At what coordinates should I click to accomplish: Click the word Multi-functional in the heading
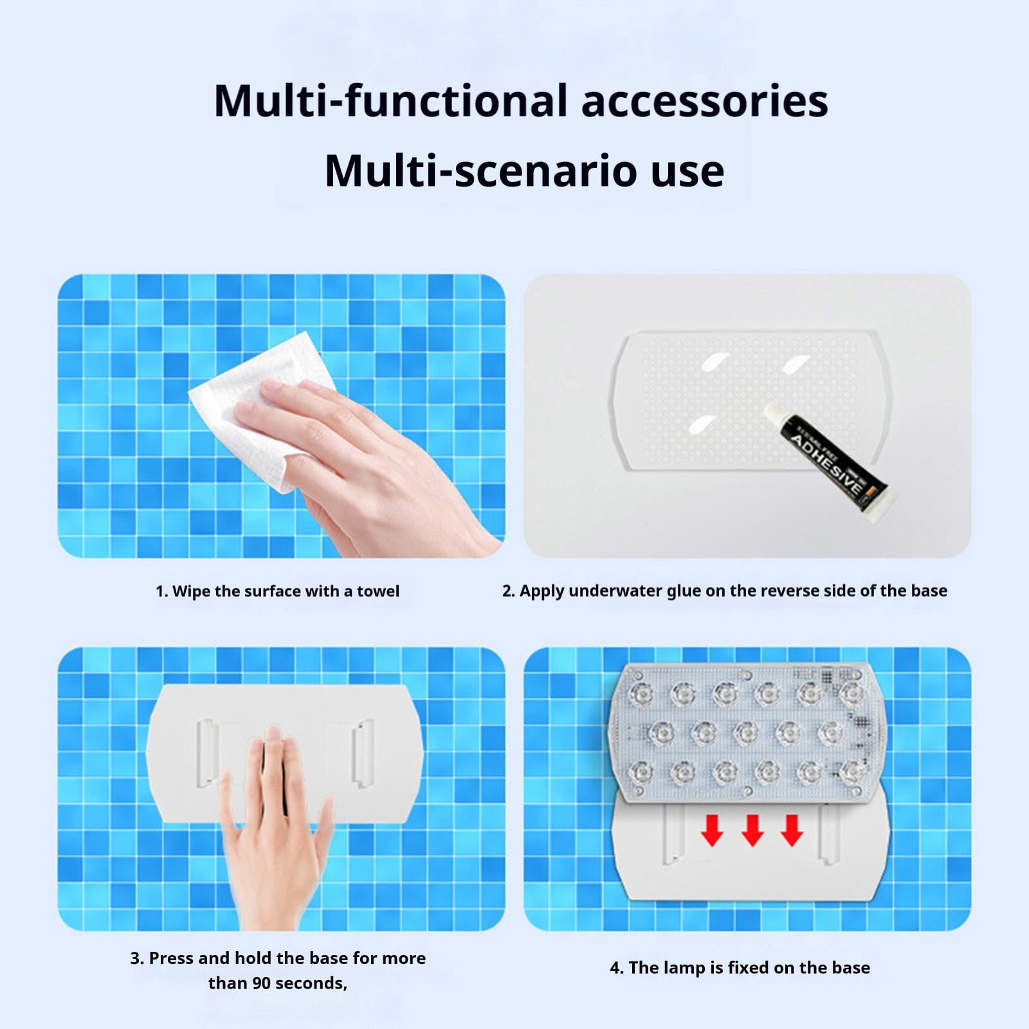[x=391, y=100]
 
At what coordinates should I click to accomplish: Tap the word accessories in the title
[x=705, y=102]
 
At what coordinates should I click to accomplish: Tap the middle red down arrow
[x=752, y=830]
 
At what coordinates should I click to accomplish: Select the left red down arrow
[x=712, y=830]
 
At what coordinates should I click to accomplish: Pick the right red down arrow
[x=792, y=830]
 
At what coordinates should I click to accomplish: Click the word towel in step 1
[x=378, y=591]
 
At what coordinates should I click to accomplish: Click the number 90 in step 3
[x=262, y=983]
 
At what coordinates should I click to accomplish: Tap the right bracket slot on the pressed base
[x=363, y=754]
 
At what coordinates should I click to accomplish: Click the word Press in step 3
[x=172, y=958]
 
